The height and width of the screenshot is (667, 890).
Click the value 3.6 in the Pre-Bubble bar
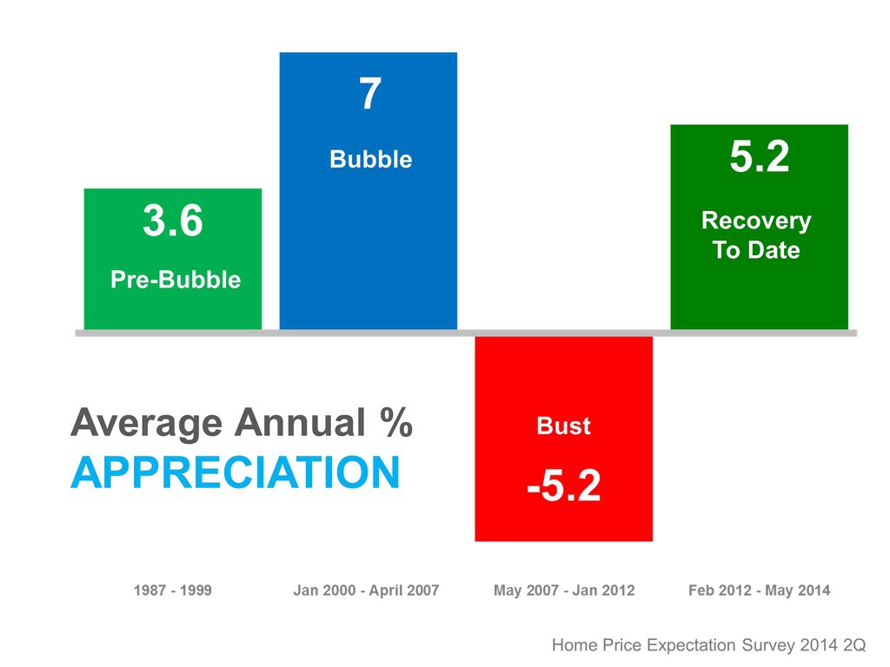pyautogui.click(x=172, y=222)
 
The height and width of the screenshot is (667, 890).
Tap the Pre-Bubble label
pyautogui.click(x=175, y=280)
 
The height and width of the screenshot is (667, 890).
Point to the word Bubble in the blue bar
pyautogui.click(x=370, y=160)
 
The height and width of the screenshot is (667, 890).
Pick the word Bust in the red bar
pyautogui.click(x=563, y=426)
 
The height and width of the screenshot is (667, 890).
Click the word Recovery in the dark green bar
pyautogui.click(x=756, y=221)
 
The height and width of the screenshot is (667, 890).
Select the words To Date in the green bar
pyautogui.click(x=756, y=250)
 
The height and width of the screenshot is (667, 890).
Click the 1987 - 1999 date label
pyautogui.click(x=172, y=591)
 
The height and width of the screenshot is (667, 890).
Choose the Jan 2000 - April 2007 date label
pyautogui.click(x=366, y=591)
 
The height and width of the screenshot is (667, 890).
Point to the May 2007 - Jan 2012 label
pyautogui.click(x=564, y=591)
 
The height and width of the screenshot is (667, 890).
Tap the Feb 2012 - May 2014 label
pyautogui.click(x=759, y=591)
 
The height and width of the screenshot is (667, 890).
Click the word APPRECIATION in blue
pyautogui.click(x=235, y=473)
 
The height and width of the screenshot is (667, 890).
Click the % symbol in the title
pyautogui.click(x=395, y=424)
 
